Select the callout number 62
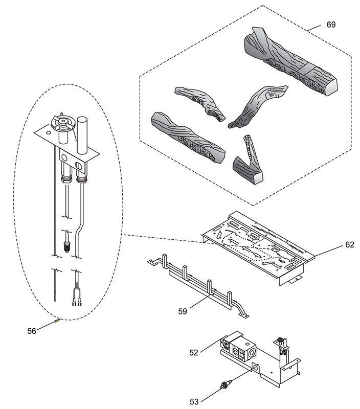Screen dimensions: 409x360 pos(349,244)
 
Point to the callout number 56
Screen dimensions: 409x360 pos(32,331)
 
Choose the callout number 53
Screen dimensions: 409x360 pos(194,401)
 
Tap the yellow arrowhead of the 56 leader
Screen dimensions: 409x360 pos(58,321)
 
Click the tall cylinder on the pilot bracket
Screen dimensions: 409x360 pos(82,135)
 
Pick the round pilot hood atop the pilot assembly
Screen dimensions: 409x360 pos(61,123)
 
